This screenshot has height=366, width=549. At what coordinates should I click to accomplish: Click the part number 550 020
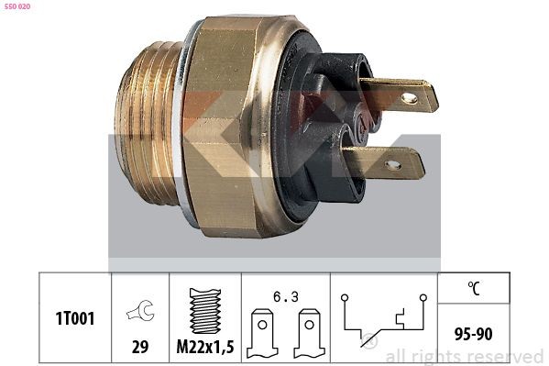click(16, 6)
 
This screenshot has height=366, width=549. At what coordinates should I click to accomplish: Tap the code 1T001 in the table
click(75, 319)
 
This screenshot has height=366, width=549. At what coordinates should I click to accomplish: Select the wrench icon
click(141, 310)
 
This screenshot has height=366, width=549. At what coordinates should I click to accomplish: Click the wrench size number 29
click(140, 347)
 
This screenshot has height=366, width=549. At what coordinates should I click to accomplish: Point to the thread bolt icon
click(205, 311)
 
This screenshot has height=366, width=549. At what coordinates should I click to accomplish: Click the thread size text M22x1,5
click(205, 347)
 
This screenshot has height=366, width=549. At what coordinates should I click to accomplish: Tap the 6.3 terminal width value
click(286, 297)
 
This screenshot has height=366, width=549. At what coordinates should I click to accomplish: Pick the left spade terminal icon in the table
click(262, 333)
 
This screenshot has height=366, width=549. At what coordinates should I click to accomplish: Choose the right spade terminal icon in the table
click(309, 333)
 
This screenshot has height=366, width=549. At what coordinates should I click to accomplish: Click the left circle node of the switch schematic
click(345, 298)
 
